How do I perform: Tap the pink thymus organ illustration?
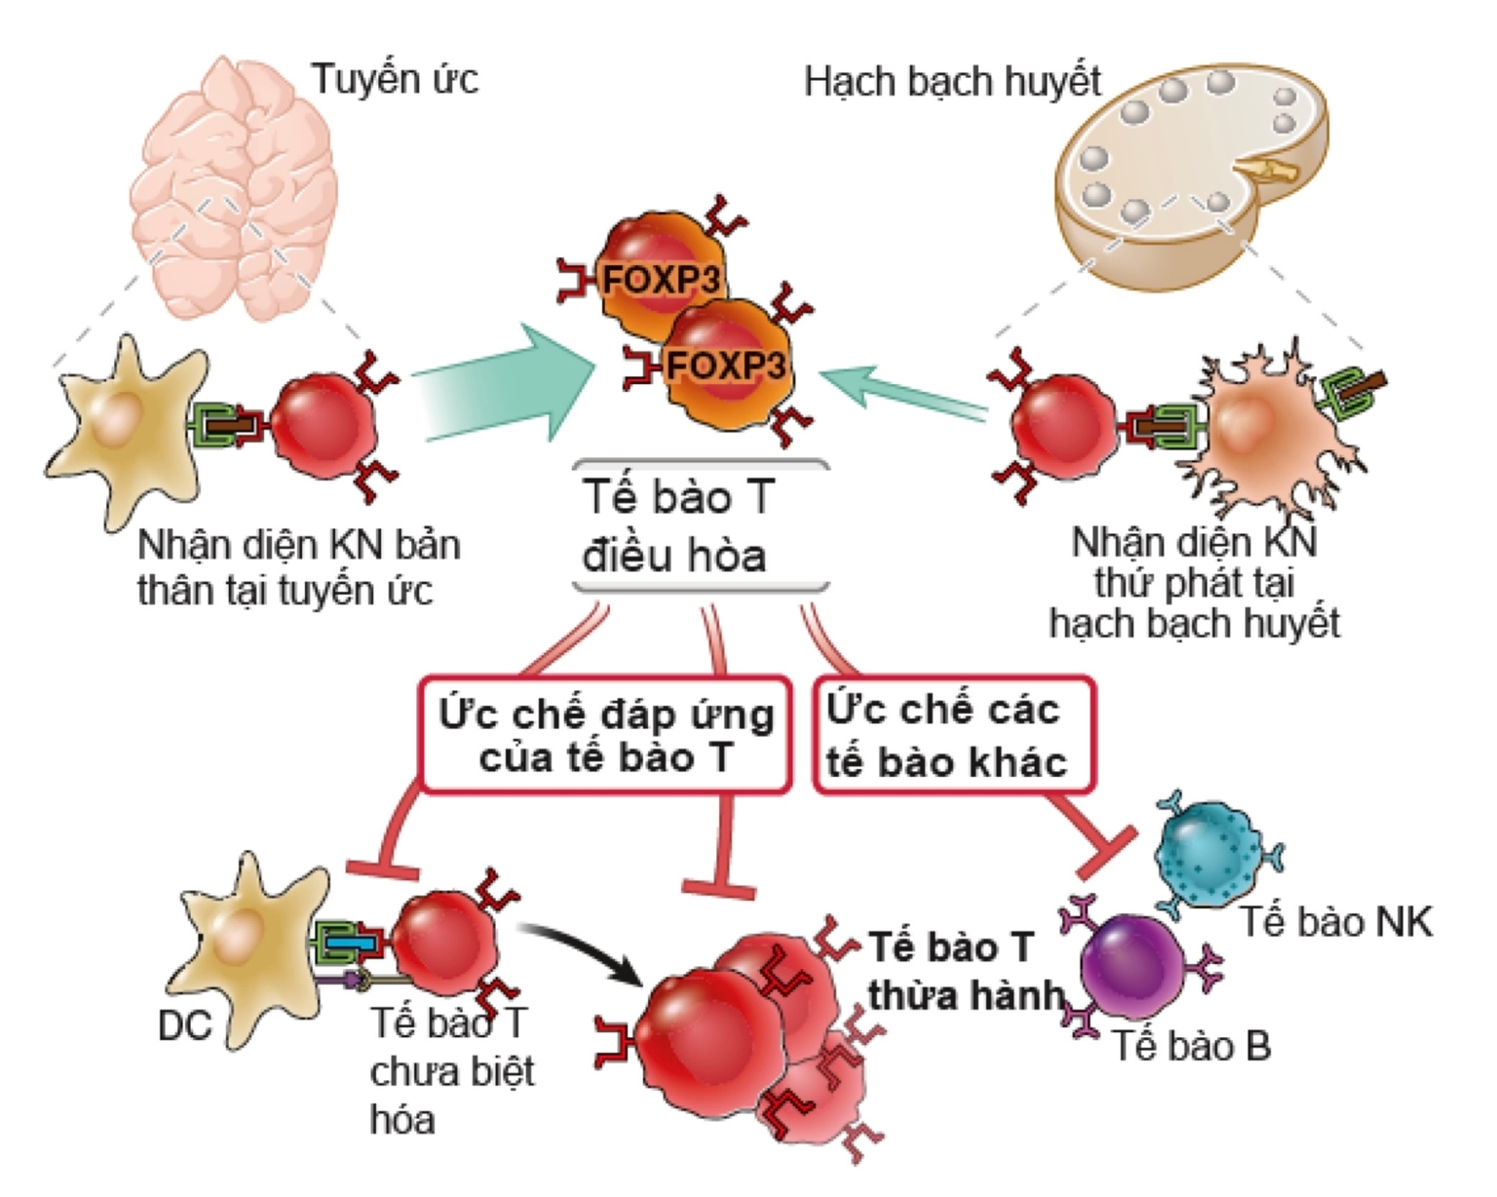[x=234, y=185]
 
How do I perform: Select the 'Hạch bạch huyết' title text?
[x=952, y=82]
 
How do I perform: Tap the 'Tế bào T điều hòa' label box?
[x=700, y=526]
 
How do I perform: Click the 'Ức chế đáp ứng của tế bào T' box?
[x=604, y=736]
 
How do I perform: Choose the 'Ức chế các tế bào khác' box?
[x=953, y=736]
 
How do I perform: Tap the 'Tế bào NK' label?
[x=1335, y=921]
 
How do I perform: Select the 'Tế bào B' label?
[x=1191, y=1046]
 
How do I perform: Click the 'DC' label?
[x=184, y=1025]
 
